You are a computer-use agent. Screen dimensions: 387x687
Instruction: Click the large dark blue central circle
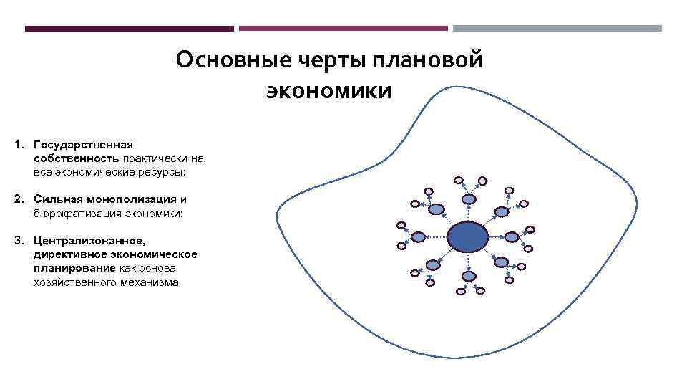click(x=467, y=236)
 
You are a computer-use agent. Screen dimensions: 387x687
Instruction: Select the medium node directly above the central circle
click(x=468, y=199)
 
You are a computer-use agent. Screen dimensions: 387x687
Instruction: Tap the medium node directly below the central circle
click(x=469, y=275)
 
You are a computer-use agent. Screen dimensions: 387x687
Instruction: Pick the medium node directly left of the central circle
click(x=417, y=236)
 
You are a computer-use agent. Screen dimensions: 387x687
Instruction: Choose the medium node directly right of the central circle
click(x=512, y=237)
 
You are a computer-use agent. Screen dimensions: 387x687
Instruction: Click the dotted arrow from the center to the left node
click(x=436, y=236)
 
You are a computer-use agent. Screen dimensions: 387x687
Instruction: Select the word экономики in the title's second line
click(x=329, y=92)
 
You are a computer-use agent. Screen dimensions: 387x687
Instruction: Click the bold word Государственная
click(x=83, y=145)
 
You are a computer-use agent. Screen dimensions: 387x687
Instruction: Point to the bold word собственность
click(x=77, y=158)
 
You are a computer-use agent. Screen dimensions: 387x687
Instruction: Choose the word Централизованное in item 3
click(x=89, y=241)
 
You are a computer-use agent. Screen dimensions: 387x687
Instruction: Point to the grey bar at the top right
click(x=557, y=29)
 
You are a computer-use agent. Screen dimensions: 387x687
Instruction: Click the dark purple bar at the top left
click(x=129, y=29)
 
